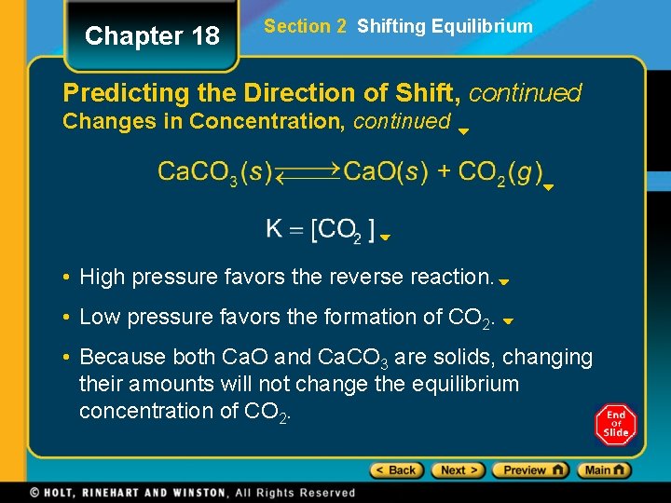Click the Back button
tap(395, 470)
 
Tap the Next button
tap(456, 470)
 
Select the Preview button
tap(529, 470)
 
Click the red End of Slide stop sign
tap(615, 425)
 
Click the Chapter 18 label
tap(152, 36)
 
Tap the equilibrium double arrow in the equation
tap(308, 173)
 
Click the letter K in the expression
tap(275, 229)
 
